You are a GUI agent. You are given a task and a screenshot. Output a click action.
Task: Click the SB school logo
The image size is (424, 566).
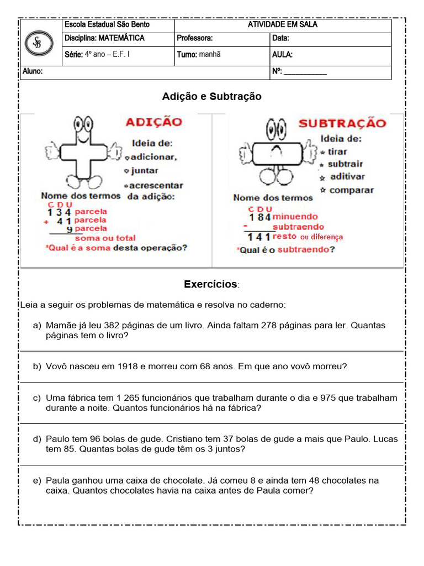(x=39, y=44)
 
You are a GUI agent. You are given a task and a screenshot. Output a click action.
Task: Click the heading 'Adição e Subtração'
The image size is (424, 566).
(x=211, y=97)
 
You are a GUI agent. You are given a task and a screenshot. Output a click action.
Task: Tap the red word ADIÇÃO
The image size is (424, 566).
(x=153, y=122)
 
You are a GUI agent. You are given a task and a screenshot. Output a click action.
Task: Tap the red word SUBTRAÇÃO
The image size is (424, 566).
(x=342, y=123)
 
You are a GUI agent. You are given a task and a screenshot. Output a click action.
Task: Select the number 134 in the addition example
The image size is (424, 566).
(x=60, y=212)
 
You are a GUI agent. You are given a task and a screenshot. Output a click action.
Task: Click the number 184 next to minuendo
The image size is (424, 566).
(x=259, y=217)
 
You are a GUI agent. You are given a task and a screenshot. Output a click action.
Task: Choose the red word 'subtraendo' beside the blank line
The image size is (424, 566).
(x=298, y=227)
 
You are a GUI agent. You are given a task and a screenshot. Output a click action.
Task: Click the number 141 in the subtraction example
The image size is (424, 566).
(x=258, y=237)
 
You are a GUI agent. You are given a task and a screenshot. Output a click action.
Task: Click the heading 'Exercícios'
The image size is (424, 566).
(x=210, y=285)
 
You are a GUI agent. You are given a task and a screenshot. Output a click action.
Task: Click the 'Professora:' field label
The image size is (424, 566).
(x=194, y=39)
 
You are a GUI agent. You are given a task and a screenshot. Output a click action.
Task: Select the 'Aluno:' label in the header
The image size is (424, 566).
(x=33, y=72)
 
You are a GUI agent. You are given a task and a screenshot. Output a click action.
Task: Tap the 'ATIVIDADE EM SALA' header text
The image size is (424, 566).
(x=282, y=25)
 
